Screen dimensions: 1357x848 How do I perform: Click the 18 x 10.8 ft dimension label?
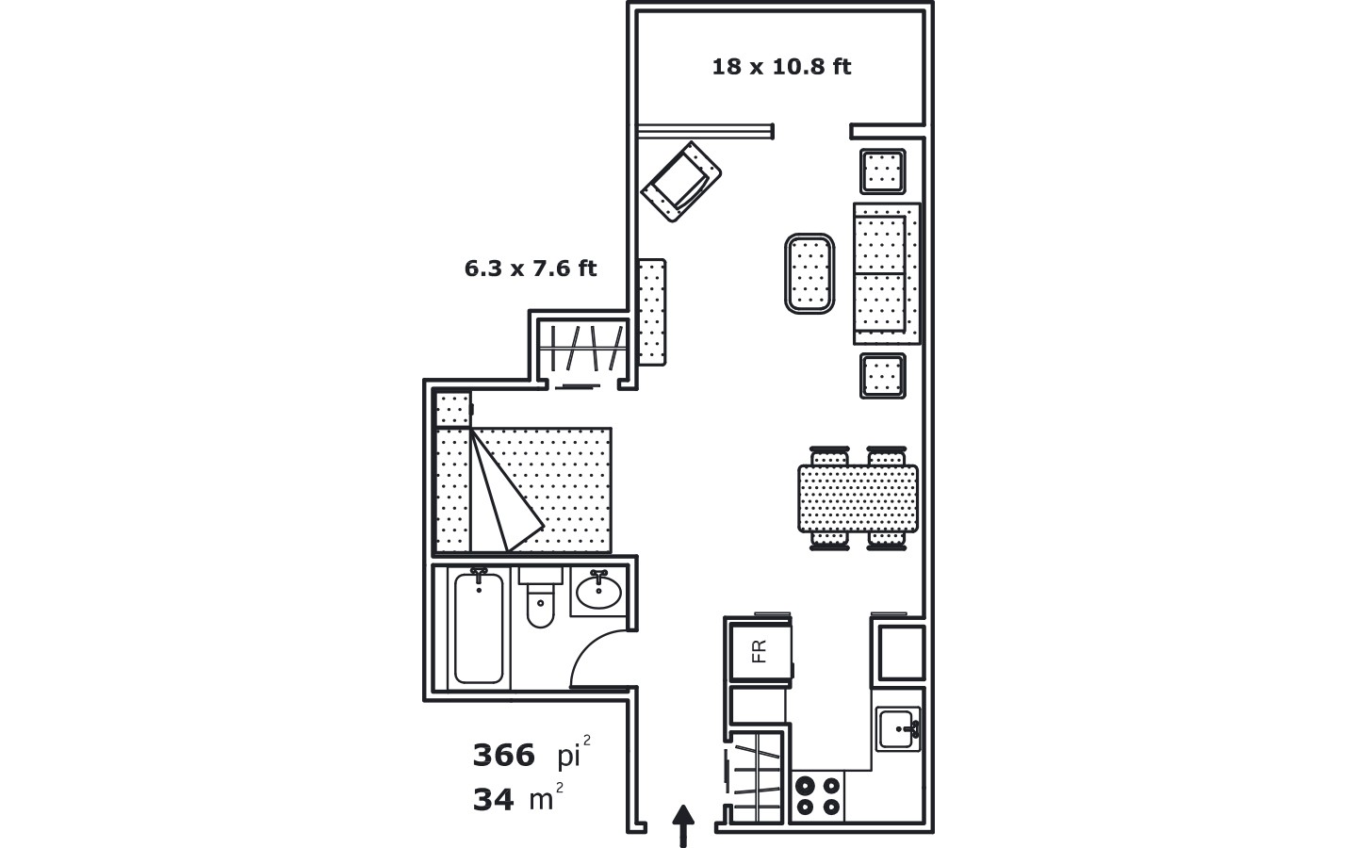pos(781,67)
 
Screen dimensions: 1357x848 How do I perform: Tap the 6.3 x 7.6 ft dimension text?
pos(531,269)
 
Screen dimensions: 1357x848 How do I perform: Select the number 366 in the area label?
pos(503,756)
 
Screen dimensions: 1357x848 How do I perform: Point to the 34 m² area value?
pos(518,797)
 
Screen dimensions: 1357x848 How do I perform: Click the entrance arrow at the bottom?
pos(682,826)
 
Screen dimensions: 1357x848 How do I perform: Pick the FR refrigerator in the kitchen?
pos(760,652)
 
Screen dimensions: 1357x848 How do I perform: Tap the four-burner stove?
pos(818,796)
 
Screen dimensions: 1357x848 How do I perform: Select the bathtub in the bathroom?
pos(479,628)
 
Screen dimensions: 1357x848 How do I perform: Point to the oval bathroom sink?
pos(598,592)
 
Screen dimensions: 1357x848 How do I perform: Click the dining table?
pos(858,498)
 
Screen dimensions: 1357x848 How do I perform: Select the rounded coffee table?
pos(809,274)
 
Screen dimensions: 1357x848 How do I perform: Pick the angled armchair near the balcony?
pos(681,182)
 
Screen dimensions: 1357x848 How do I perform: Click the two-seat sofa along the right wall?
pos(887,274)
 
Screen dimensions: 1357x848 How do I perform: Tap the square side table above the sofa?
pos(883,171)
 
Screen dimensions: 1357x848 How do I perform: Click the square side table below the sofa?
pos(883,376)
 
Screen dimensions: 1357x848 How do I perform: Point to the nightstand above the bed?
pos(453,410)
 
